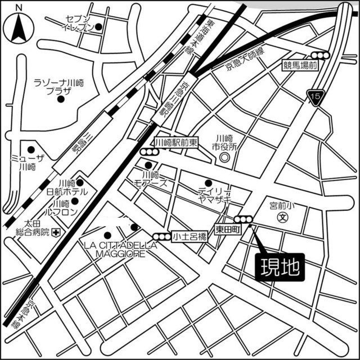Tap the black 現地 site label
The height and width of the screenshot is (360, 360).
click(x=281, y=266)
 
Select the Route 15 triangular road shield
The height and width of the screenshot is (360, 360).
click(x=315, y=98)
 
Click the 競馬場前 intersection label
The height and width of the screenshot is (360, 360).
click(x=300, y=65)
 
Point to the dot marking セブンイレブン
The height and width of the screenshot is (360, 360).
click(x=98, y=26)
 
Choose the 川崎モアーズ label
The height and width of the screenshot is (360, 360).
click(x=150, y=178)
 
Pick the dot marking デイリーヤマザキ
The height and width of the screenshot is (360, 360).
click(x=208, y=182)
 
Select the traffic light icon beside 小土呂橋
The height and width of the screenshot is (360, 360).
click(x=162, y=237)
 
